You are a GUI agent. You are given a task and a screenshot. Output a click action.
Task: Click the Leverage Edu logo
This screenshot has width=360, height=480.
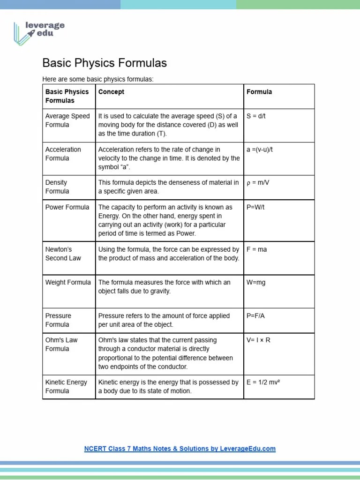(39, 32)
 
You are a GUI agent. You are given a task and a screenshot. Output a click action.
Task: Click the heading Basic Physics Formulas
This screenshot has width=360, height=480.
(105, 63)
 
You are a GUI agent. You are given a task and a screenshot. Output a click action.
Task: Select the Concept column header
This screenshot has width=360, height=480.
(111, 92)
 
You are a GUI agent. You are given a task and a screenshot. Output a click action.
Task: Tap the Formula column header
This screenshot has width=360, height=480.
(259, 92)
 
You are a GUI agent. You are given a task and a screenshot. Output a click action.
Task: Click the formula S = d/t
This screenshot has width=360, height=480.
(256, 116)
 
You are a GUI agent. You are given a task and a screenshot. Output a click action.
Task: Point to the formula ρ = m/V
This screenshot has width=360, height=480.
(258, 182)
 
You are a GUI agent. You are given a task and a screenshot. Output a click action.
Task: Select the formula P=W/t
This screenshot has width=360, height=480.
(255, 207)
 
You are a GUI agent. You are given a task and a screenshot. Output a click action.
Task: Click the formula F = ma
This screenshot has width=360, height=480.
(256, 249)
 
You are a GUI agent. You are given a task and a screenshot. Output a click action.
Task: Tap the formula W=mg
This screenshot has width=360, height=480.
(256, 282)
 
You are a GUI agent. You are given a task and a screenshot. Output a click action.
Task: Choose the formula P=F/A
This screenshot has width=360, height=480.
(255, 315)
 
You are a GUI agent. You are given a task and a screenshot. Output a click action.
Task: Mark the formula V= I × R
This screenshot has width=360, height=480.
(258, 340)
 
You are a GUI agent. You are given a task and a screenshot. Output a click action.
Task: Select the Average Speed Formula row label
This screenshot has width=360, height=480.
(67, 120)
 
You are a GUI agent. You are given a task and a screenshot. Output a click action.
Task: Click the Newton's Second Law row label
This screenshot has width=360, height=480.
(63, 254)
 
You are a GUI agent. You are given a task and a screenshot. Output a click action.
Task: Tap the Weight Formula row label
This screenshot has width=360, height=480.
(68, 282)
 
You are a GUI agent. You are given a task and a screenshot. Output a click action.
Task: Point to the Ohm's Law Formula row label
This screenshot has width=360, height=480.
(61, 345)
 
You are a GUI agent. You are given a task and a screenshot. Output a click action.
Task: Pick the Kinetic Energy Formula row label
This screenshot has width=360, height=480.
(66, 387)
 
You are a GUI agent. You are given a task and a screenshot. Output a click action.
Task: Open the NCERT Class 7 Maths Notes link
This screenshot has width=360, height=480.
(180, 449)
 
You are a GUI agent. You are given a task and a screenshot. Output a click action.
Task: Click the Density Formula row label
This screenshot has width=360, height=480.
(57, 187)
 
